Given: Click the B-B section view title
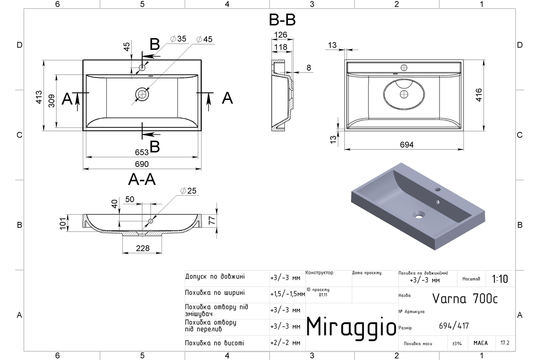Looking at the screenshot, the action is pyautogui.click(x=282, y=20).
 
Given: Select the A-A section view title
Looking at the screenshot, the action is pyautogui.click(x=142, y=180).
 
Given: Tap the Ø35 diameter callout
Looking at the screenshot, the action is pyautogui.click(x=178, y=39).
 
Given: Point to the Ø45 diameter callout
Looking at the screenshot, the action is pyautogui.click(x=204, y=39).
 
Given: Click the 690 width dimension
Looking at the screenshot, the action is pyautogui.click(x=142, y=164).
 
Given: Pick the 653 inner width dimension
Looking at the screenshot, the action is pyautogui.click(x=142, y=153).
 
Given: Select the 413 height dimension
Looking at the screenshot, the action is pyautogui.click(x=39, y=97).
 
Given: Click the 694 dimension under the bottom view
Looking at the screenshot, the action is pyautogui.click(x=407, y=145).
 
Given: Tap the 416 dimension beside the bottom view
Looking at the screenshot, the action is pyautogui.click(x=479, y=95).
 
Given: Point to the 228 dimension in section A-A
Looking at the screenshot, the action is pyautogui.click(x=143, y=248).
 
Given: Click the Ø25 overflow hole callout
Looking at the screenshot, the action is pyautogui.click(x=188, y=191).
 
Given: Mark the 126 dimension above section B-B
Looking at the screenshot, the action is pyautogui.click(x=281, y=35).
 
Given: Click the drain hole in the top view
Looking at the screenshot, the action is pyautogui.click(x=142, y=94).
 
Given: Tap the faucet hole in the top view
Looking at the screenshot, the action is pyautogui.click(x=142, y=67).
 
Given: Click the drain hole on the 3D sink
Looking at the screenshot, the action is pyautogui.click(x=419, y=215).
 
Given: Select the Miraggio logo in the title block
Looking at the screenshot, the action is pyautogui.click(x=351, y=328).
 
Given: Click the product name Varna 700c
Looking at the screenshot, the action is pyautogui.click(x=465, y=299).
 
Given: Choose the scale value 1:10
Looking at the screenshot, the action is pyautogui.click(x=500, y=279).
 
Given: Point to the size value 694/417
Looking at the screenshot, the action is pyautogui.click(x=454, y=326).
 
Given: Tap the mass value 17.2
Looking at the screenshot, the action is pyautogui.click(x=505, y=343).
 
